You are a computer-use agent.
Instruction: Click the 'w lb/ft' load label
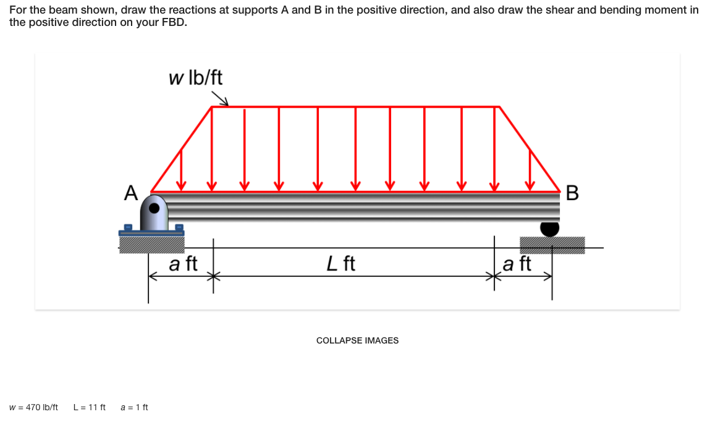point(195,78)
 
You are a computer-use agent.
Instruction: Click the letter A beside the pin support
point(130,193)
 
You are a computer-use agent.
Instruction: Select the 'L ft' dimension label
point(340,264)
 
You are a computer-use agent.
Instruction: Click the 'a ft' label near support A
point(183,264)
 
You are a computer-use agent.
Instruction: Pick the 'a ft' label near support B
point(517,264)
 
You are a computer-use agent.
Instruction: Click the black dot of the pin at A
point(156,209)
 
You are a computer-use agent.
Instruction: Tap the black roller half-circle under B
point(549,229)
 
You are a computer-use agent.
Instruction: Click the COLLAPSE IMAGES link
point(357,340)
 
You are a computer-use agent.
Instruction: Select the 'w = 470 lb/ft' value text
point(34,407)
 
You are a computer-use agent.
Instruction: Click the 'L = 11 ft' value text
point(90,407)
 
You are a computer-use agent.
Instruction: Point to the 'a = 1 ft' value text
point(134,407)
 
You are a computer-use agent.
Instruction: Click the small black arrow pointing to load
point(221,99)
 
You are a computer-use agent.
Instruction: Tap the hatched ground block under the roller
point(552,245)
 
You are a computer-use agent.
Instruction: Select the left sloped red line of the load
point(182,148)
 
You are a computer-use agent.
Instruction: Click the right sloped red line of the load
point(529,148)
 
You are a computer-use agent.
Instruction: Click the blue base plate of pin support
point(151,233)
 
